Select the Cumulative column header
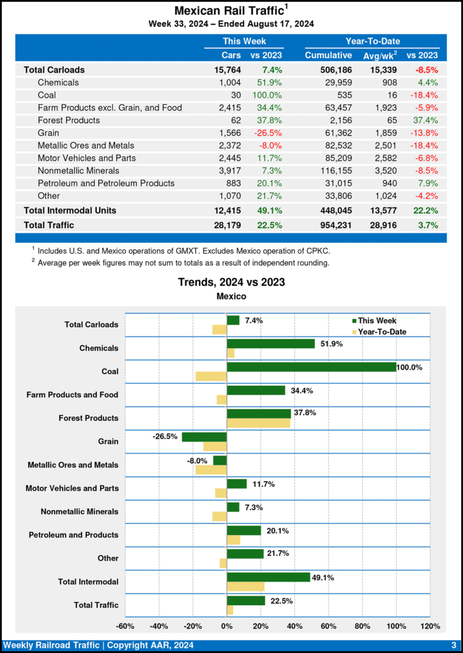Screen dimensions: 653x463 (x=328, y=55)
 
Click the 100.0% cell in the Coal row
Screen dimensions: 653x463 (x=269, y=94)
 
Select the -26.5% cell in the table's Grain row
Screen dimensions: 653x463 (x=269, y=133)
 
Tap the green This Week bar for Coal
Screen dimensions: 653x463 (x=311, y=367)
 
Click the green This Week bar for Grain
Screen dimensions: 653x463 (x=204, y=437)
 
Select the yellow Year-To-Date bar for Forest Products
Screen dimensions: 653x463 (x=259, y=423)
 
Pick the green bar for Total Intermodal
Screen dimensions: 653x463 (x=268, y=577)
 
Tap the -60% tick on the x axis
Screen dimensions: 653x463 (x=125, y=626)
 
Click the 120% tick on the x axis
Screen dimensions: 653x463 (x=430, y=626)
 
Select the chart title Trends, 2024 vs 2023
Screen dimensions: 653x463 (x=231, y=282)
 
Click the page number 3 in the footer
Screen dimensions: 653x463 (x=453, y=645)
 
